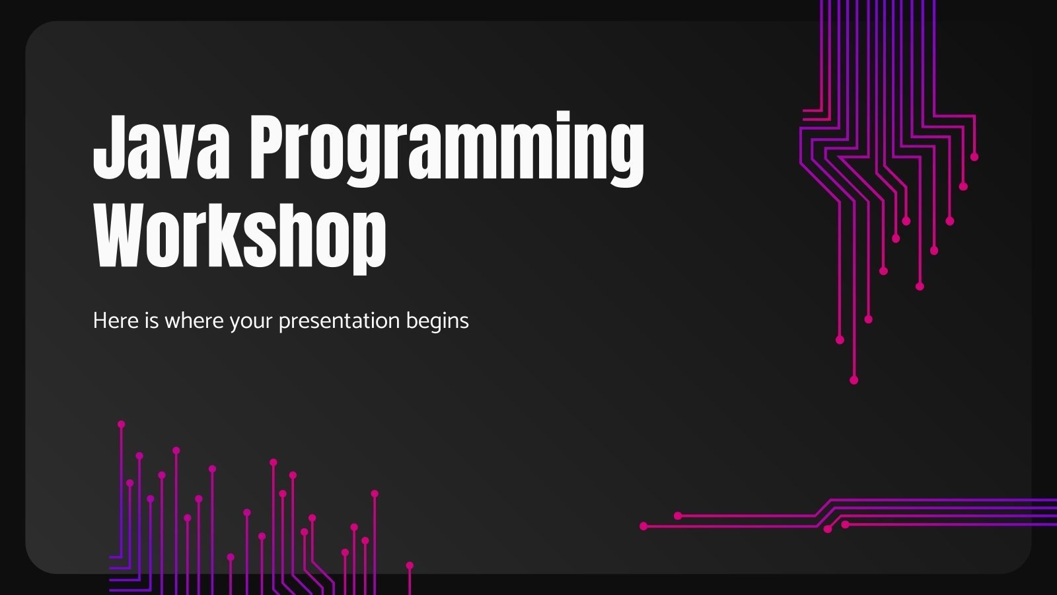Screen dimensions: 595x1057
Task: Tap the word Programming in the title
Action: (x=446, y=149)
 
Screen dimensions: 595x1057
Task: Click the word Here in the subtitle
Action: (x=115, y=321)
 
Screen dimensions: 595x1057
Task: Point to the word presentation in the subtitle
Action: (x=339, y=322)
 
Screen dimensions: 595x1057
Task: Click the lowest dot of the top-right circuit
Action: (x=854, y=380)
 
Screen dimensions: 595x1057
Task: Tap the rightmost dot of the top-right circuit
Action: (x=974, y=157)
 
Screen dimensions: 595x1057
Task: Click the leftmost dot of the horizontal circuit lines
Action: (x=643, y=526)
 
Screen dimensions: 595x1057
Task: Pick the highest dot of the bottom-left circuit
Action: (x=121, y=424)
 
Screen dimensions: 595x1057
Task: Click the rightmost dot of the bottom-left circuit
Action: (x=410, y=565)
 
